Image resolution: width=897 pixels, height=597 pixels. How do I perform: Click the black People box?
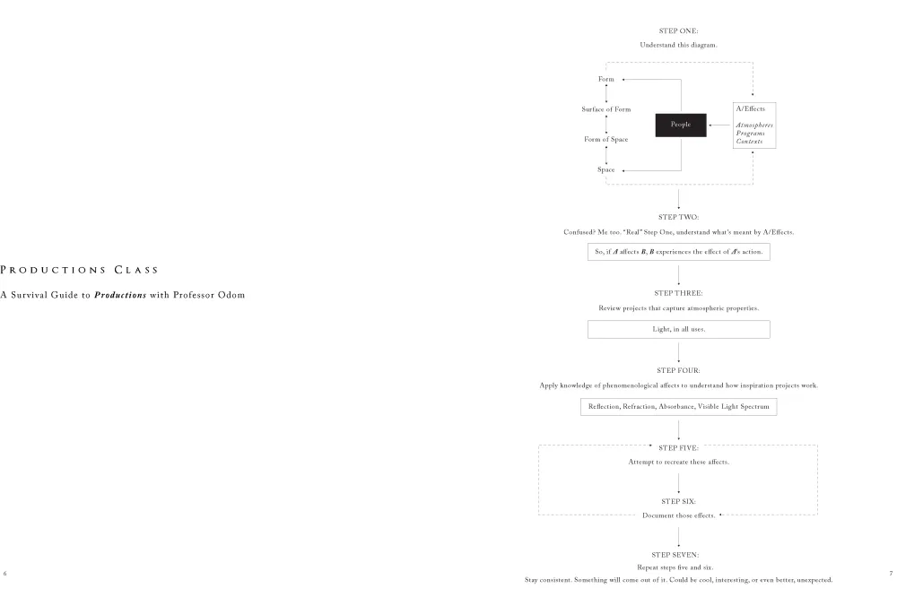tap(681, 125)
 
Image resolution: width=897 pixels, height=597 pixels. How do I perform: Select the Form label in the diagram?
tap(605, 80)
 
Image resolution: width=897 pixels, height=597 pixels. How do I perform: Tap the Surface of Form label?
tap(605, 109)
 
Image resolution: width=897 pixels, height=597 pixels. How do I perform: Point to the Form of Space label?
tap(605, 140)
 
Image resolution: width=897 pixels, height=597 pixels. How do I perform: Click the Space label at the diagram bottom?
tap(605, 169)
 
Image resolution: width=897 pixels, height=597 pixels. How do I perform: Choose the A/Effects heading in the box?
tap(750, 108)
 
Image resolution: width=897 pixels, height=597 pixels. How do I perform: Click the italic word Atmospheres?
tap(754, 125)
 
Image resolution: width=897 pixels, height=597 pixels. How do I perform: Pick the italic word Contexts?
tap(749, 142)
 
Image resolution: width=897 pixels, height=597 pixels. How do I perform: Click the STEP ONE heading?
tap(678, 30)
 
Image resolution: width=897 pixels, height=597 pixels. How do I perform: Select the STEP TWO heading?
tap(678, 217)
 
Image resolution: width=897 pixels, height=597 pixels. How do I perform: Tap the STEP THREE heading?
tap(678, 293)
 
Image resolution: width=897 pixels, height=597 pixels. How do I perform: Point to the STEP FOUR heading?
tap(678, 370)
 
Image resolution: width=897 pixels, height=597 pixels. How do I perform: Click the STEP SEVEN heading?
tap(675, 555)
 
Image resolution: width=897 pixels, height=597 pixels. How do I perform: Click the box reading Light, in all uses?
tap(678, 329)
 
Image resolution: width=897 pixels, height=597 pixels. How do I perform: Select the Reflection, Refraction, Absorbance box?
tap(678, 407)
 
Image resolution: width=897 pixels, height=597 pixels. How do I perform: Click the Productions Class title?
tap(79, 270)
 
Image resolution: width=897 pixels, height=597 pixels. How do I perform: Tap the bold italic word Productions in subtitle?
tap(120, 295)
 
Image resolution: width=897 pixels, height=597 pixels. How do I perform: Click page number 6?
tap(5, 574)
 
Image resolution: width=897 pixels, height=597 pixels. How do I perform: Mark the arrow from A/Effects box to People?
tap(719, 125)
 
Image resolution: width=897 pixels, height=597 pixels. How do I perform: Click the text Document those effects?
tap(678, 515)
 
